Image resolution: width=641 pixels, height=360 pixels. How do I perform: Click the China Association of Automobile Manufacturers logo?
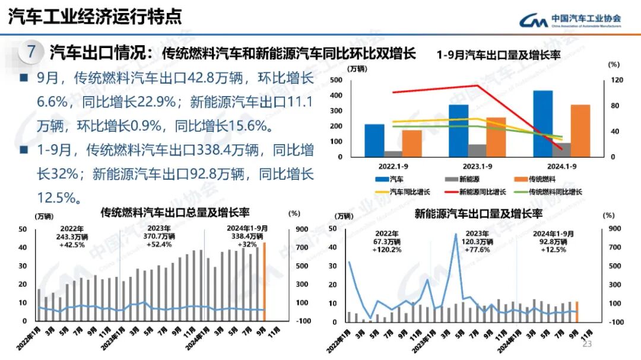click(570, 20)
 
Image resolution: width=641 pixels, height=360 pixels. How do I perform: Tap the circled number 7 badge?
click(31, 52)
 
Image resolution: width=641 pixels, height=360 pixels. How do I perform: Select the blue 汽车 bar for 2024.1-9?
click(542, 123)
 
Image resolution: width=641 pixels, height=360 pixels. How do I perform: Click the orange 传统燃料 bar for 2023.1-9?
click(480, 137)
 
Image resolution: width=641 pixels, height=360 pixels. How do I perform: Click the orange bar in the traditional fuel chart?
click(265, 281)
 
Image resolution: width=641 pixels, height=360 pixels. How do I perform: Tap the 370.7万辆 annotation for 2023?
click(160, 236)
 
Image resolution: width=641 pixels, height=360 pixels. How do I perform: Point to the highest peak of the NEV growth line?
click(456, 234)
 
